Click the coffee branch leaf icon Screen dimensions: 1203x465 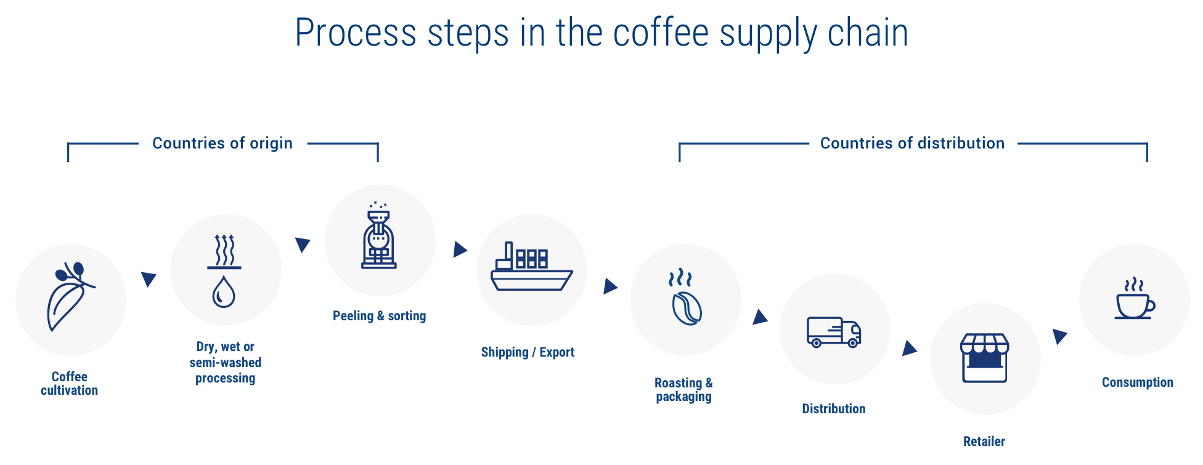coord(70,297)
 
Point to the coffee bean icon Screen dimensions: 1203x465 coord(686,309)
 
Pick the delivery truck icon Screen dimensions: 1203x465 coord(834,333)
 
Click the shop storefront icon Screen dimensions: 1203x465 coord(985,358)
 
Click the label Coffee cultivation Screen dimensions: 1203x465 coord(70,383)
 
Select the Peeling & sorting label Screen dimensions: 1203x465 coord(380,316)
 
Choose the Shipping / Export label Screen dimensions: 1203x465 coord(528,352)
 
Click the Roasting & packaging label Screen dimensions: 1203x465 coord(684,390)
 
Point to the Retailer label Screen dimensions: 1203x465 coord(984,441)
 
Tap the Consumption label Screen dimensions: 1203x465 coord(1138,382)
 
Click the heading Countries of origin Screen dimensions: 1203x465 coord(222,143)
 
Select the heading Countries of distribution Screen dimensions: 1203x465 coord(913,143)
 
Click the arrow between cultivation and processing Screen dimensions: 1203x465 coord(149,279)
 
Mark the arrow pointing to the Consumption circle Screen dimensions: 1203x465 coord(1059,336)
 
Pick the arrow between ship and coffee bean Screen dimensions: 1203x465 coord(610,286)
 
